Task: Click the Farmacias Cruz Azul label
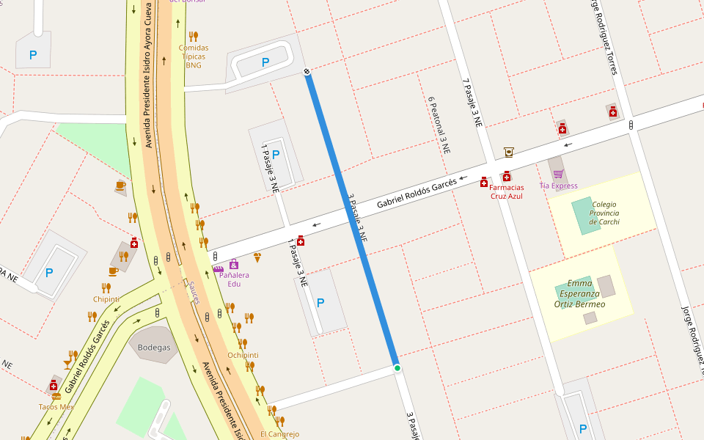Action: [x=506, y=191]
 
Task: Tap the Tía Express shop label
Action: [x=558, y=186]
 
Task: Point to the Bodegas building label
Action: [x=153, y=348]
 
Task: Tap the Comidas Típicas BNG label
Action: [x=193, y=56]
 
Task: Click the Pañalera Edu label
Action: [x=234, y=279]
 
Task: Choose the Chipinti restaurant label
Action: [x=106, y=298]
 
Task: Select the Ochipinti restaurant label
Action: [x=243, y=355]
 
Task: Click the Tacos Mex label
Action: [x=56, y=406]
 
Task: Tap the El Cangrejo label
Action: [x=279, y=434]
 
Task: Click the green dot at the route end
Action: [x=397, y=367]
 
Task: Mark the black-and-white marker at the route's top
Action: [x=307, y=71]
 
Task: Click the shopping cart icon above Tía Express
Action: [x=558, y=174]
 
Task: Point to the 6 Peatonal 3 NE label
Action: [x=438, y=125]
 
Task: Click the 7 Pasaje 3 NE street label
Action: [x=472, y=103]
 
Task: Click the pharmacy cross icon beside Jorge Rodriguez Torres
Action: [x=612, y=111]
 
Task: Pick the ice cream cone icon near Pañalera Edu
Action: [x=257, y=257]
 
